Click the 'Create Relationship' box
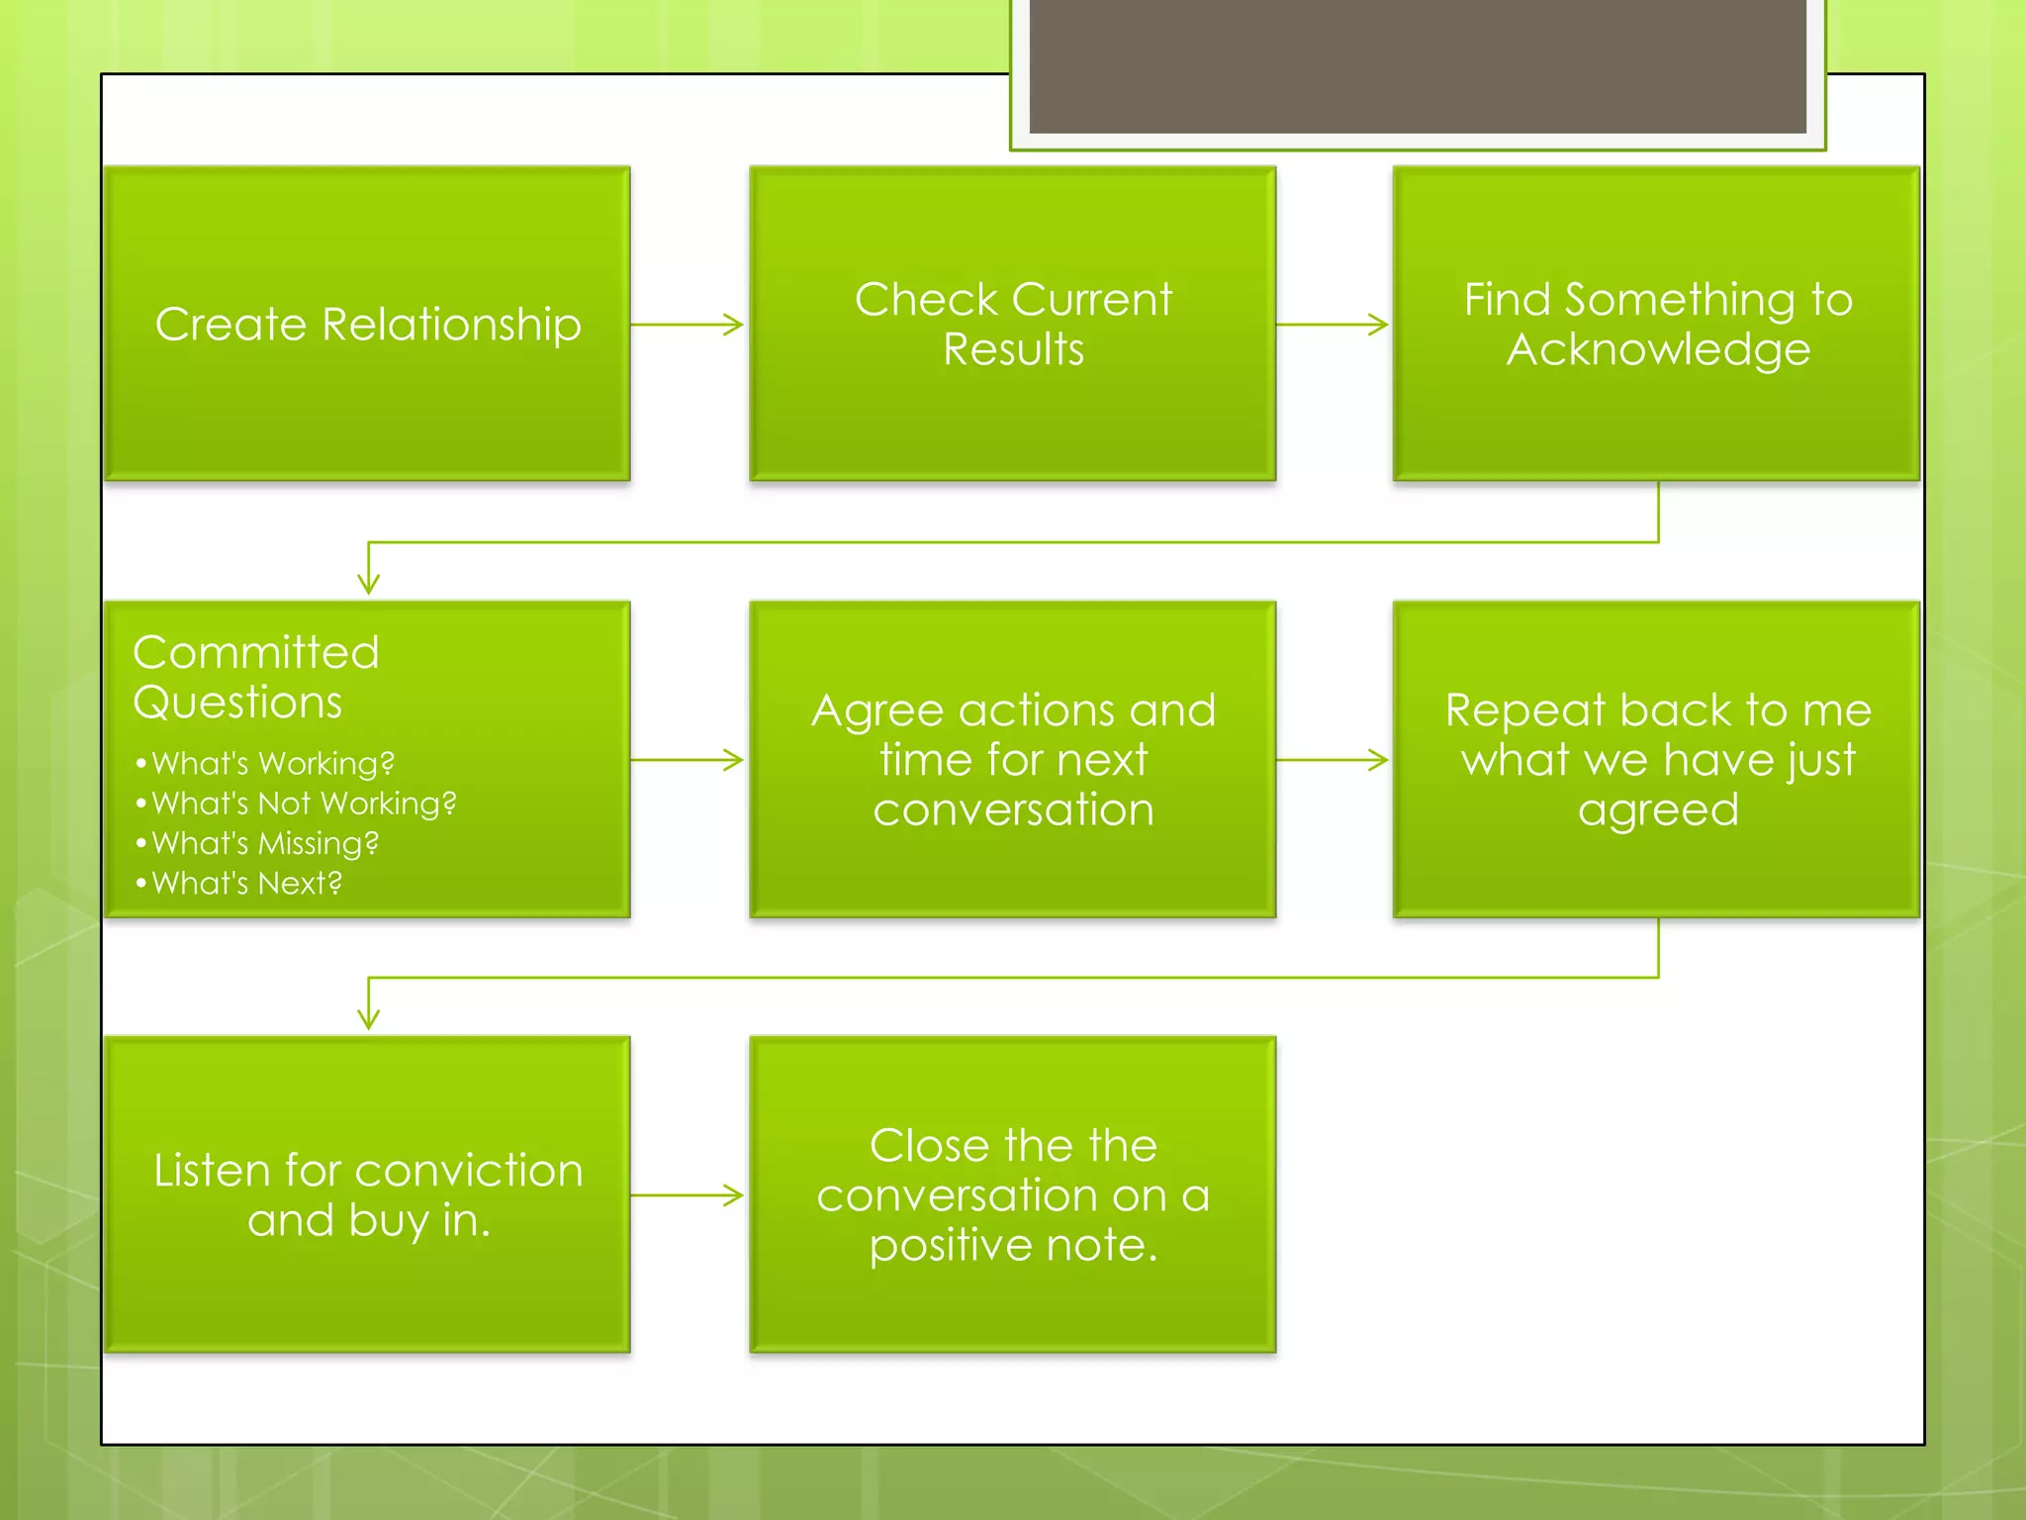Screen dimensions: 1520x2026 pyautogui.click(x=367, y=325)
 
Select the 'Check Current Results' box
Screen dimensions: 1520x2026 pyautogui.click(x=1012, y=325)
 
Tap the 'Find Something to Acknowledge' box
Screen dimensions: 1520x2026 pyautogui.click(x=1657, y=325)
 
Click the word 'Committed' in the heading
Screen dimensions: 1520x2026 pyautogui.click(x=256, y=652)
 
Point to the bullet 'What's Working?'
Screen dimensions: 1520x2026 pyautogui.click(x=272, y=764)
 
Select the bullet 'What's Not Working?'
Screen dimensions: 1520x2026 pyautogui.click(x=303, y=804)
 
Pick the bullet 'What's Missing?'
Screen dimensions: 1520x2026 pyautogui.click(x=264, y=843)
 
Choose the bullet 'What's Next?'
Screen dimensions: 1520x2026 pyautogui.click(x=246, y=883)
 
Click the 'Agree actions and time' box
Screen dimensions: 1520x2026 pyautogui.click(x=1012, y=760)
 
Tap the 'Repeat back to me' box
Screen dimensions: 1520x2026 pyautogui.click(x=1657, y=760)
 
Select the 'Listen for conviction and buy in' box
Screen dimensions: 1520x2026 pyautogui.click(x=367, y=1195)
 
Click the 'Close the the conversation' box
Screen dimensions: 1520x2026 pyautogui.click(x=1012, y=1195)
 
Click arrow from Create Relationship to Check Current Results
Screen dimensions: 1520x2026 pyautogui.click(x=688, y=325)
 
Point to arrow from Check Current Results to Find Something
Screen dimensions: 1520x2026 pyautogui.click(x=1333, y=325)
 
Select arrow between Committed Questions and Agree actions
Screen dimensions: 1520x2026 pyautogui.click(x=688, y=760)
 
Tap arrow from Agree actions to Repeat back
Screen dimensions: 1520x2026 pyautogui.click(x=1333, y=760)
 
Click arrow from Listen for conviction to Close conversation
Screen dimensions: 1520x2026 pyautogui.click(x=688, y=1195)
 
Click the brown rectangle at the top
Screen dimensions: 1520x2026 pyautogui.click(x=1417, y=65)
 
